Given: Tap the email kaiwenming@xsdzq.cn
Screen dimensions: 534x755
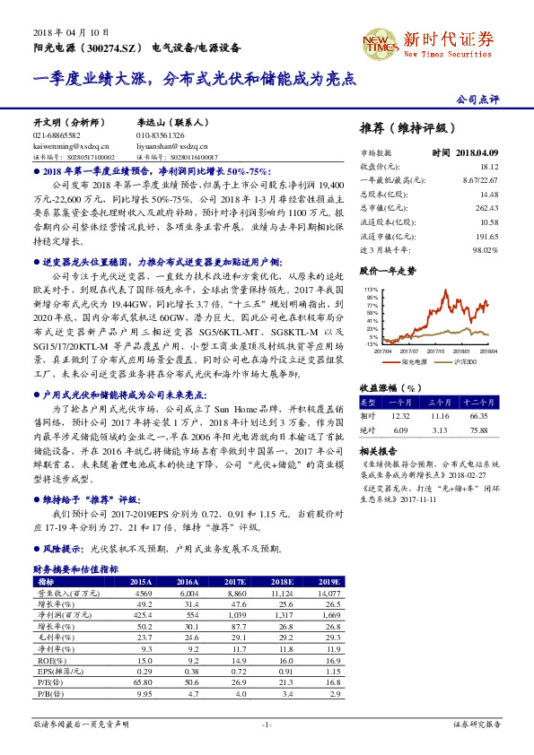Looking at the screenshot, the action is [x=71, y=144].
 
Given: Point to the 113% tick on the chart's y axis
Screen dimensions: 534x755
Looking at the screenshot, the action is [x=371, y=289].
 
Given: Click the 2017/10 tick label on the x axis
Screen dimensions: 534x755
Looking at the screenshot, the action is [x=438, y=351].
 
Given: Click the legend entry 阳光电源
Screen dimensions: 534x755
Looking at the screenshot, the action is [x=414, y=361].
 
